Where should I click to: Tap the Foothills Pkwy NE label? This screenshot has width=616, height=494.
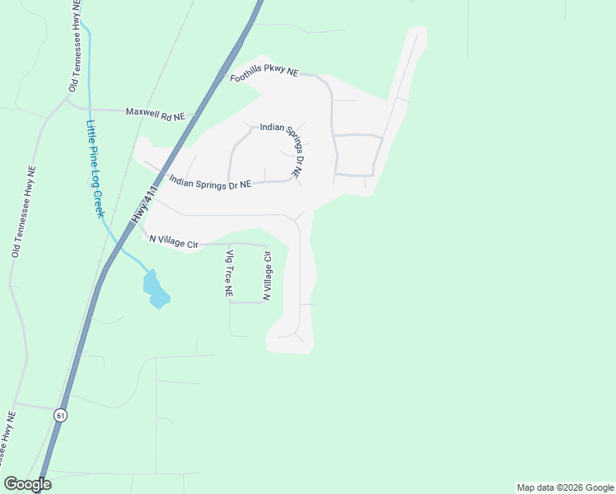tap(264, 72)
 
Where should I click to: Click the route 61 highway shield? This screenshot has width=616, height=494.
tap(61, 416)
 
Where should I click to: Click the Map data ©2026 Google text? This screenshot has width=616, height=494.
tap(564, 487)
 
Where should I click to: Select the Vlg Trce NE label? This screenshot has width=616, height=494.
tap(230, 273)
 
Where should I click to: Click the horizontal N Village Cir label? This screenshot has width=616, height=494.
tap(174, 241)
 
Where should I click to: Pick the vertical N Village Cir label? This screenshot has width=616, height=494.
tap(267, 276)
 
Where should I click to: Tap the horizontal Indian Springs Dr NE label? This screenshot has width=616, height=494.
tap(209, 183)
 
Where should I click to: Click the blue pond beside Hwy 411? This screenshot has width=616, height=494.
tap(155, 289)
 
